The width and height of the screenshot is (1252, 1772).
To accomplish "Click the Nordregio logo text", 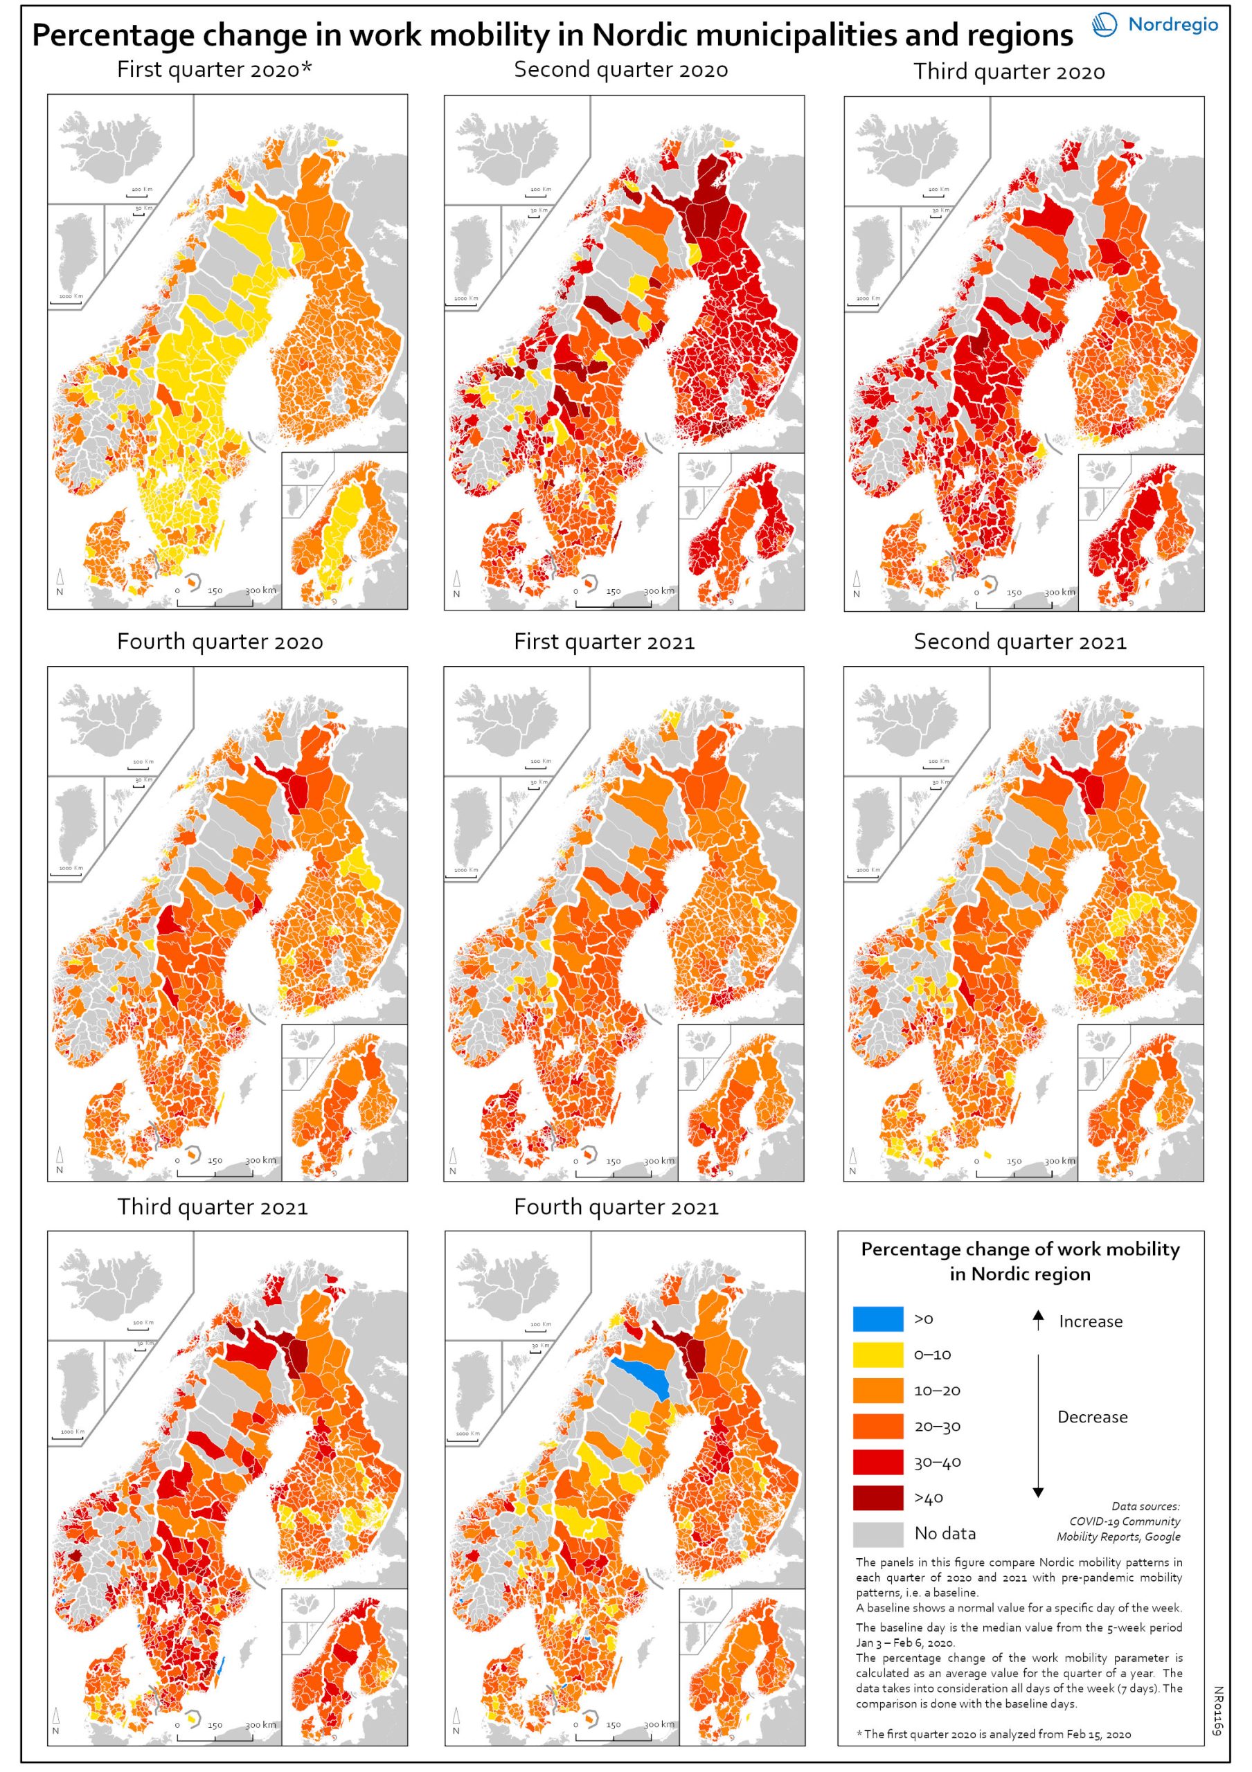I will pos(1172,25).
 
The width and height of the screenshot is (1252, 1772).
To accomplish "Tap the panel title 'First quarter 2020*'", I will pos(215,70).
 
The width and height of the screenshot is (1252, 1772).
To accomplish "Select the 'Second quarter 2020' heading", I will pos(620,70).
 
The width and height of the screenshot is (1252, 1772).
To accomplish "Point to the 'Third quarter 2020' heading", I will pos(1009,72).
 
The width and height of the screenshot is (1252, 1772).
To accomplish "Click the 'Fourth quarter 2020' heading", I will pos(220,642).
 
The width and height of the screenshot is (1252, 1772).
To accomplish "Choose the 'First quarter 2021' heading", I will pos(605,642).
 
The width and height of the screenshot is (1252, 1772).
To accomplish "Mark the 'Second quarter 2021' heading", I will pos(1019,642).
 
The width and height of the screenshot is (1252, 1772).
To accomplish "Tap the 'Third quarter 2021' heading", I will pos(213,1207).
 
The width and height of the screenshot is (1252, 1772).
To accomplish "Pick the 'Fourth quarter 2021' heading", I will pos(616,1207).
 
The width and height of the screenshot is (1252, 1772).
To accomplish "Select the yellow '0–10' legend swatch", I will pos(877,1355).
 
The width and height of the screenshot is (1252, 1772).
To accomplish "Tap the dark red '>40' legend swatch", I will pos(877,1498).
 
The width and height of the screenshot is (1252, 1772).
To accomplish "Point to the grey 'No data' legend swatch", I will pos(877,1533).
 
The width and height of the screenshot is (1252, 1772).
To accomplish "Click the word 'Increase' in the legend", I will pos(1090,1321).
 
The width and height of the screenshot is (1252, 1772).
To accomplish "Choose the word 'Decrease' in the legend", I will pos(1092,1417).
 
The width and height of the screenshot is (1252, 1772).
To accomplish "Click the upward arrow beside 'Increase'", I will pos(1038,1320).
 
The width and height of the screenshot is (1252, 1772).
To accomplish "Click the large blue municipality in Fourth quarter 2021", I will pos(640,1377).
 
